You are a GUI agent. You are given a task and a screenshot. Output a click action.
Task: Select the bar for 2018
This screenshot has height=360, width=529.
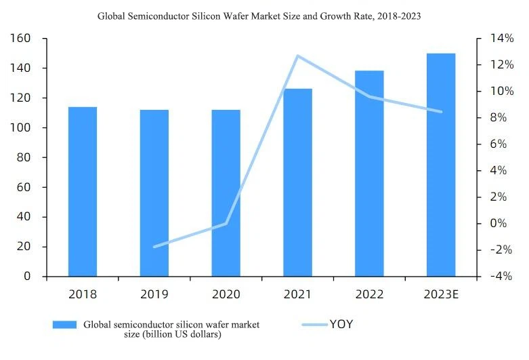click(x=82, y=191)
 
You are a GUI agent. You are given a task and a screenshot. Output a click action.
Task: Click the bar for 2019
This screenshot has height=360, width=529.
click(x=154, y=193)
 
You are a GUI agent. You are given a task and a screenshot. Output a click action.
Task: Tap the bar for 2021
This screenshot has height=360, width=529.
click(x=298, y=182)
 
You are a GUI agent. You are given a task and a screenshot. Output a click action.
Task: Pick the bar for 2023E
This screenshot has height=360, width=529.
click(x=441, y=165)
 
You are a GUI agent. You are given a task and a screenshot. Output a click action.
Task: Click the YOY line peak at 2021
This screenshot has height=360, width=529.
click(x=297, y=56)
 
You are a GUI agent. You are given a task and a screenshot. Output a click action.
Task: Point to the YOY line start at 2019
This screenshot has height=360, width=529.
click(x=154, y=247)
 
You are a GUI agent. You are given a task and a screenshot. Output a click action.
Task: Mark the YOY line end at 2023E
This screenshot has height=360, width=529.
click(x=442, y=112)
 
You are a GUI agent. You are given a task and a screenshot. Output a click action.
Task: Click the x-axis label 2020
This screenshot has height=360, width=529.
click(x=226, y=294)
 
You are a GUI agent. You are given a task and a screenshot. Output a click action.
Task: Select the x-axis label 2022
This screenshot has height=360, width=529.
click(x=369, y=294)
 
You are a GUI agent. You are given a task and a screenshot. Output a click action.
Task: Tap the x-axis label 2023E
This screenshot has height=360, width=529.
click(x=441, y=294)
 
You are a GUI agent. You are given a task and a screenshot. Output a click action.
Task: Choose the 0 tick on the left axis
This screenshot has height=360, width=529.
click(x=27, y=277)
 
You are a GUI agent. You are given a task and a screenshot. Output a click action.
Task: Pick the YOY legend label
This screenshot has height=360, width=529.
click(x=341, y=324)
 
